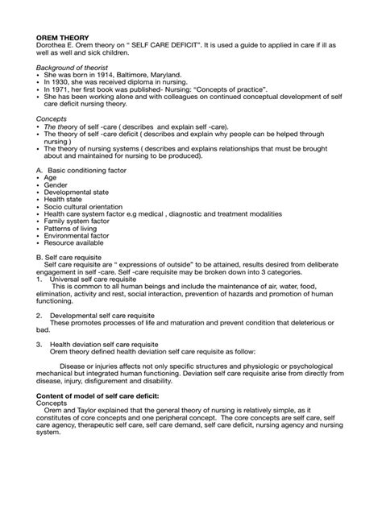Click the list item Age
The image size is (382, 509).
point(51,177)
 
